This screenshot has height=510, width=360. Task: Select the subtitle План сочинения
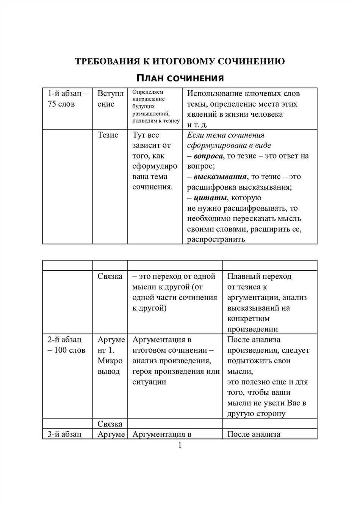[180, 78]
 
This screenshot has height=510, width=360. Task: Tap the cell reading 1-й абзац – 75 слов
[67, 99]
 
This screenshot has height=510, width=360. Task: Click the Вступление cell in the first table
[110, 99]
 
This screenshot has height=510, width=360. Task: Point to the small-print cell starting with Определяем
[155, 106]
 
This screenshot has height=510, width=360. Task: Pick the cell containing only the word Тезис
[108, 135]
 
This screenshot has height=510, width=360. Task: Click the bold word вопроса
[208, 156]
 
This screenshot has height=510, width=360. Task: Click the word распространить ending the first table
[216, 239]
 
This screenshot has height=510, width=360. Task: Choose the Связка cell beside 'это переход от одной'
[110, 276]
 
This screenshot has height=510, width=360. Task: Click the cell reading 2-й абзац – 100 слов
[67, 345]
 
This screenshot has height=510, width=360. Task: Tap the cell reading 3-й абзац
[64, 434]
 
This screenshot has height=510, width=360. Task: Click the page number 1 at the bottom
[180, 445]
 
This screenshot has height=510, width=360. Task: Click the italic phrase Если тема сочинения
[226, 135]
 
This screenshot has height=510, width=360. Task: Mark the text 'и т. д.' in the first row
[197, 125]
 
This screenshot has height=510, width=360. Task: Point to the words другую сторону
[256, 414]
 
